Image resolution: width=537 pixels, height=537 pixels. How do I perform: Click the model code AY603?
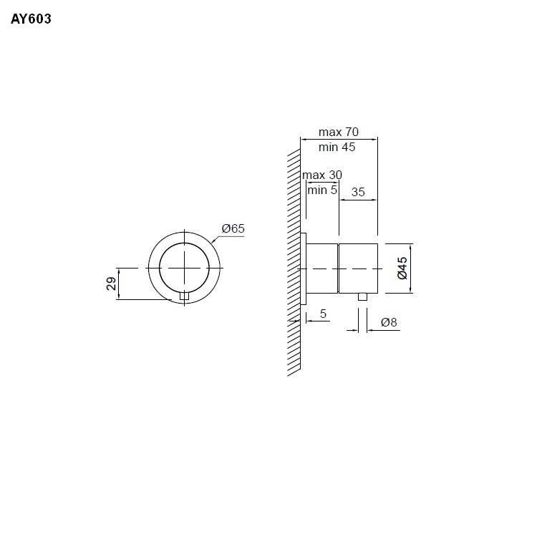(31, 19)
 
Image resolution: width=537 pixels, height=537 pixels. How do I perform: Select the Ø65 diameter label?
(233, 228)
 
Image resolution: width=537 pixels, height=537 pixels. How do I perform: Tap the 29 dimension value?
(111, 284)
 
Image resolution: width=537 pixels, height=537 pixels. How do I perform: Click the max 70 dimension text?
(339, 132)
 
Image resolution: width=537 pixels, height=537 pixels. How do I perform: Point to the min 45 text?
(337, 147)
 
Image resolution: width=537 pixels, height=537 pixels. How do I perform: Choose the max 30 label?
(322, 175)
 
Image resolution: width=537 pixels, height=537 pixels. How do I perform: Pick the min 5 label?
(322, 190)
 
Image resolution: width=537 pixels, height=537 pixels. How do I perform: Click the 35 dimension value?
(358, 192)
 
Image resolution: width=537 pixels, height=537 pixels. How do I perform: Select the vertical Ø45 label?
(402, 268)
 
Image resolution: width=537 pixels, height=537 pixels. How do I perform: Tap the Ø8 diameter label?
(389, 322)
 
